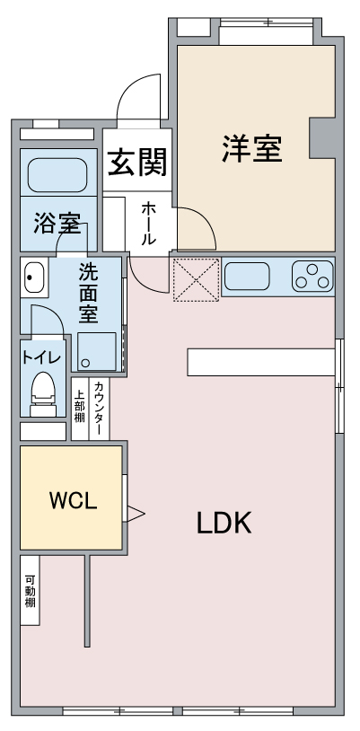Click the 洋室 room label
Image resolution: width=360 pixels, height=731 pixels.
(x=251, y=148)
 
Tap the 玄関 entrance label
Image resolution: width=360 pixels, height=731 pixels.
(x=137, y=163)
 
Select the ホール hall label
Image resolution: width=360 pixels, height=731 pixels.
(x=148, y=224)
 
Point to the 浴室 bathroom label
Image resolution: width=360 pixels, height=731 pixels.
(x=57, y=225)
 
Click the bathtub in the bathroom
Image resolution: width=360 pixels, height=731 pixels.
(x=57, y=175)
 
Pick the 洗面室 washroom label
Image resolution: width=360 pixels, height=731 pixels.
(x=88, y=294)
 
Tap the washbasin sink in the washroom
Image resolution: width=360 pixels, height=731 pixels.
(x=34, y=277)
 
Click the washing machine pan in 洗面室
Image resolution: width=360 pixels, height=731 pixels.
(x=97, y=351)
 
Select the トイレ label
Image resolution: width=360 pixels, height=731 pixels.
(x=41, y=357)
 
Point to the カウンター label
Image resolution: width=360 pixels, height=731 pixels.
(x=99, y=409)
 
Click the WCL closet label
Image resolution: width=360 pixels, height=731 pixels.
(x=74, y=501)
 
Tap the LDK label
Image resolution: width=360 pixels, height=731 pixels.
(x=224, y=523)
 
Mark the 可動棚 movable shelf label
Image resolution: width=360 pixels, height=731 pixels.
(x=31, y=592)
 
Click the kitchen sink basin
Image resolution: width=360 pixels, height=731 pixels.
(x=247, y=276)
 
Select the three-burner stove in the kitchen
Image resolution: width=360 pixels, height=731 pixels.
(x=312, y=276)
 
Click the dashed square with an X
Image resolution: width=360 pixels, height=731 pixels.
(x=197, y=279)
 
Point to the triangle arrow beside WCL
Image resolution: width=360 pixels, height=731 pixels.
(x=136, y=514)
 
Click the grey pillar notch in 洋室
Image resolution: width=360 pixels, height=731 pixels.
(x=322, y=137)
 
